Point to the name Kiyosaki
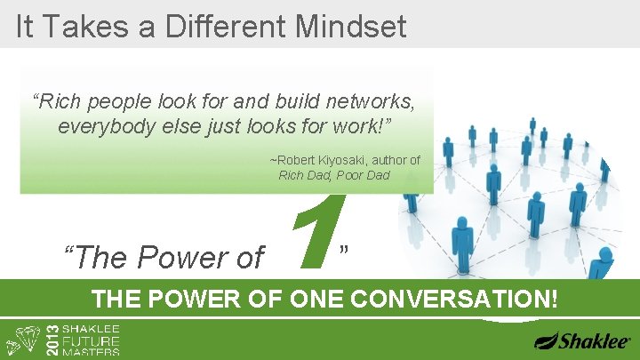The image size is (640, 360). [341, 160]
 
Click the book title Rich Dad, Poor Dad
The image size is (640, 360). [334, 175]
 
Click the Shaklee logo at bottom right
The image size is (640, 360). [582, 340]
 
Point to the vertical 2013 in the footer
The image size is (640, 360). [51, 338]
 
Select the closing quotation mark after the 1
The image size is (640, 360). [344, 248]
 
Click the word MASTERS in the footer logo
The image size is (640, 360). [93, 352]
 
